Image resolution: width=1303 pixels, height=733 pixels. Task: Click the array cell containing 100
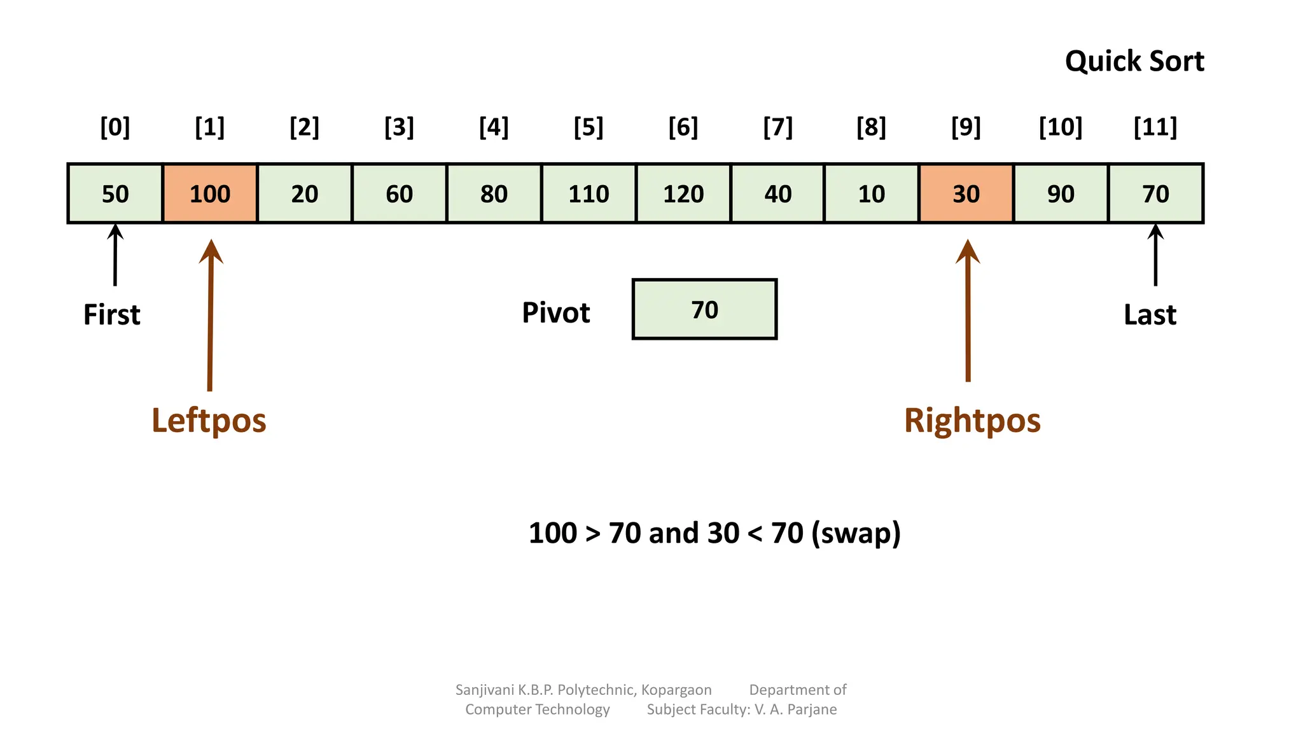pos(210,193)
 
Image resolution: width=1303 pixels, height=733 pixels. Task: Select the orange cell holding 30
pos(966,193)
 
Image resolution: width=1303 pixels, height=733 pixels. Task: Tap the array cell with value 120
pos(683,193)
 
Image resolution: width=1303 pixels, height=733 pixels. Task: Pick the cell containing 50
pos(115,193)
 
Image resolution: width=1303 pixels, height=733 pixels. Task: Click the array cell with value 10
pos(871,193)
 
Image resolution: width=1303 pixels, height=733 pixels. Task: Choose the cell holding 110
pos(589,193)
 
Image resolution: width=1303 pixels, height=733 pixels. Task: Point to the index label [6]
pos(683,127)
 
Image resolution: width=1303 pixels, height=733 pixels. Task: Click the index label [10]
pos(1061,127)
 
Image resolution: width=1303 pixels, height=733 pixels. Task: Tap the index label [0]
pos(115,127)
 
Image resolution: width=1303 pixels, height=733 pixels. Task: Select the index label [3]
pos(399,127)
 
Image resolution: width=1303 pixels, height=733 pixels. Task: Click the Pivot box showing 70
pos(704,309)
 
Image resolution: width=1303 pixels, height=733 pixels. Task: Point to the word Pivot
pos(555,312)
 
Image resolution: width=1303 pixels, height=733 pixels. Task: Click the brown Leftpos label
pos(209,421)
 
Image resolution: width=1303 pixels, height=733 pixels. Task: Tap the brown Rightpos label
pos(972,421)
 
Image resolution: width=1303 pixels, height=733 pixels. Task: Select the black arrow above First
pos(115,255)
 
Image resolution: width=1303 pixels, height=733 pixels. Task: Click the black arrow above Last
pos(1155,255)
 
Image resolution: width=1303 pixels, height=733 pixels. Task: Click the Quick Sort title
pos(1134,61)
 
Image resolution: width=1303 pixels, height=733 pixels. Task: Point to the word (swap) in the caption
pos(856,533)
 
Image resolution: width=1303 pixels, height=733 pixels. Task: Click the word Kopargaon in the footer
pos(676,690)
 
